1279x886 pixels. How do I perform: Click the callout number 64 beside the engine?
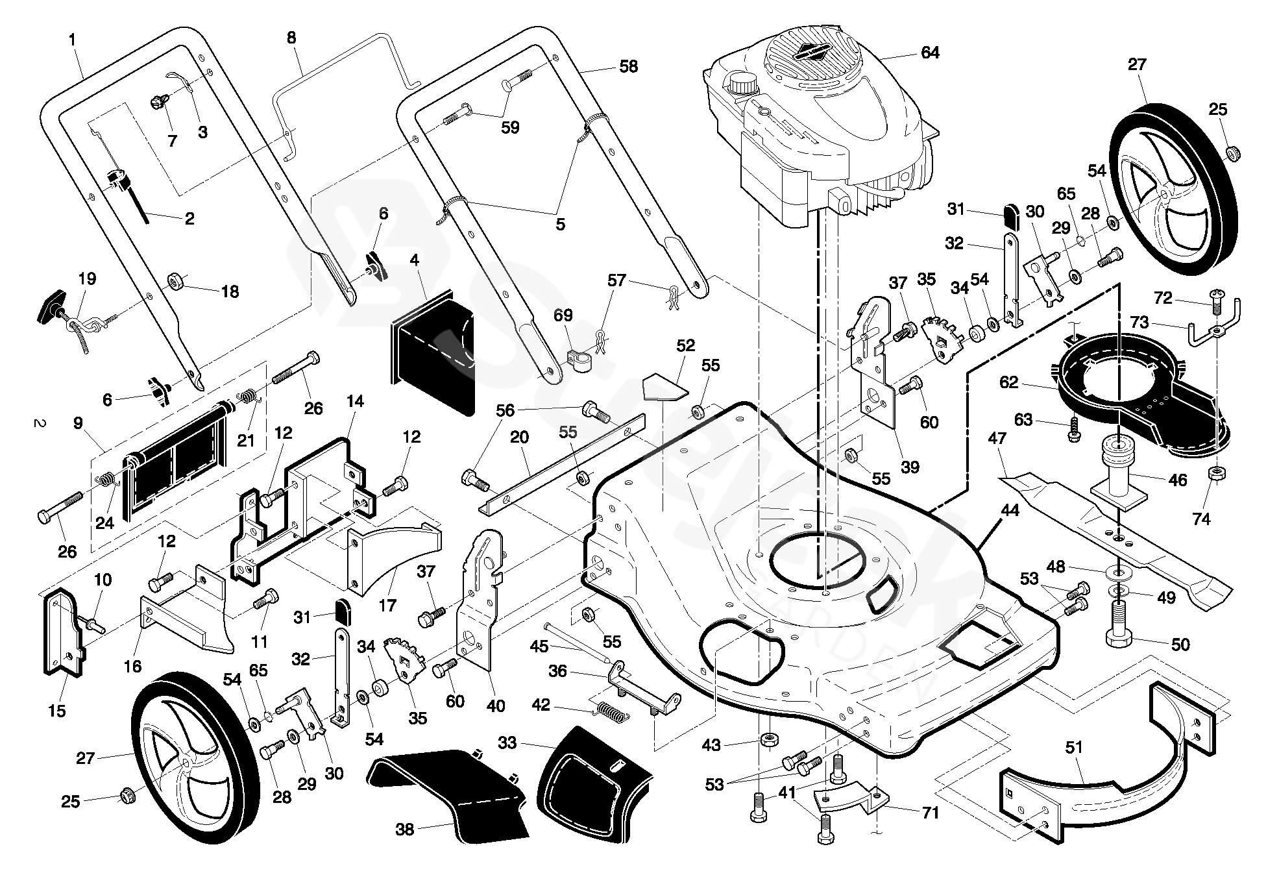(930, 53)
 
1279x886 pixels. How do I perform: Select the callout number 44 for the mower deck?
(1010, 511)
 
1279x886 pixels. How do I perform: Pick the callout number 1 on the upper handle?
(72, 40)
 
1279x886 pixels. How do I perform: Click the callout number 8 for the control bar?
(291, 38)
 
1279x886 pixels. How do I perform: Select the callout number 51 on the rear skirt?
(1074, 747)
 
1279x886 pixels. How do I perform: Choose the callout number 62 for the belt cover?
(1008, 382)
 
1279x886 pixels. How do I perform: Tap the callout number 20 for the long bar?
(519, 437)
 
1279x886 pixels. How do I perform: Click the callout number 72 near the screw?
(1163, 298)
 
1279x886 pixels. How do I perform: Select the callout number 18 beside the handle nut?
(230, 291)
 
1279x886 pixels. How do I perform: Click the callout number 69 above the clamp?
(563, 315)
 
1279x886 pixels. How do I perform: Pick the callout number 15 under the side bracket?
(57, 711)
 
